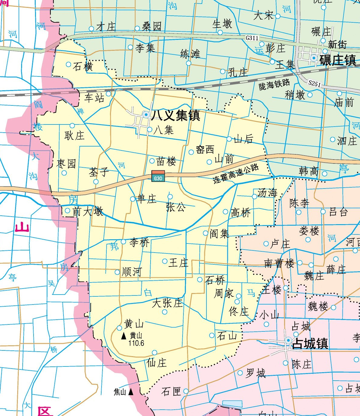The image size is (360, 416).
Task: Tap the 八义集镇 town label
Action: [176, 115]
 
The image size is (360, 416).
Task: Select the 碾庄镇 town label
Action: [338, 60]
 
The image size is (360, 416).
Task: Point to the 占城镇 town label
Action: [310, 343]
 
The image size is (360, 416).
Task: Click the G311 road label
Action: [252, 38]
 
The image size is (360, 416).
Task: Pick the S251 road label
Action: [315, 83]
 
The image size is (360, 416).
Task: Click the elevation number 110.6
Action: [136, 343]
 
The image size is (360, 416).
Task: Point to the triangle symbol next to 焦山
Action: [131, 392]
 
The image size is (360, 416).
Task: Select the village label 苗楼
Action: [166, 162]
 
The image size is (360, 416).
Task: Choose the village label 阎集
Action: [219, 234]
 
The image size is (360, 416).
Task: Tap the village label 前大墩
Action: [88, 211]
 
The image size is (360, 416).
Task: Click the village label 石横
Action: [83, 66]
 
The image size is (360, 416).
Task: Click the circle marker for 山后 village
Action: [229, 139]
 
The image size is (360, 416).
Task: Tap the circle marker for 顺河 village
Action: [117, 272]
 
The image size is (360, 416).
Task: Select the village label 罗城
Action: [255, 373]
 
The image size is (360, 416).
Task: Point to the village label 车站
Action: [94, 98]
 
